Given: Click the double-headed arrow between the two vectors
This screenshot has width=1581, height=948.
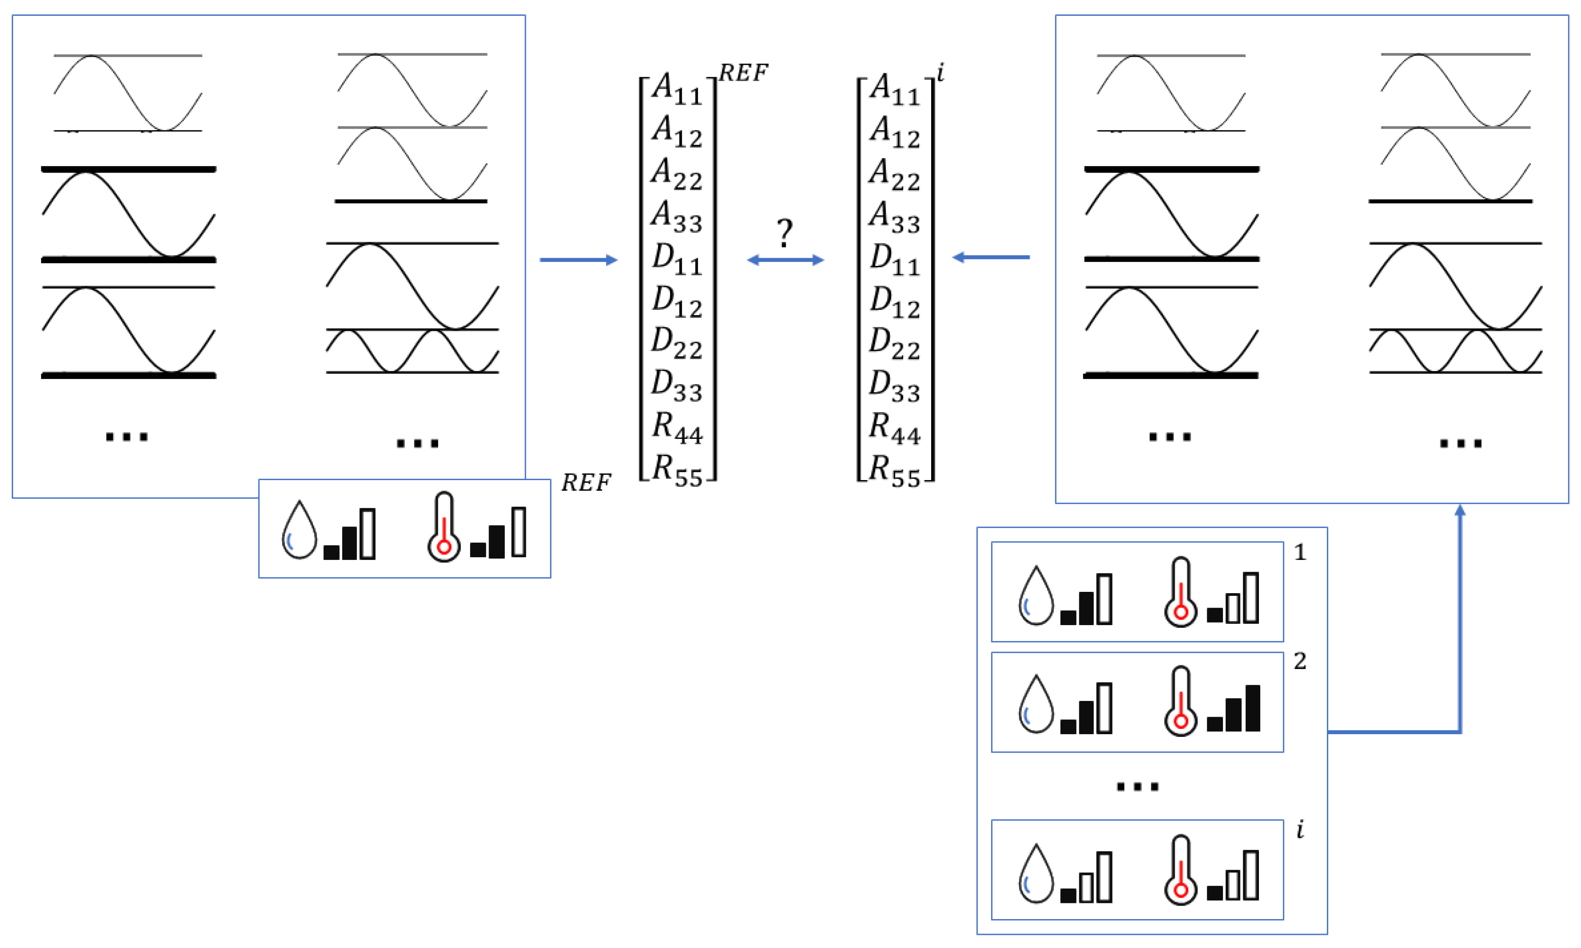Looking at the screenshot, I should point(785,259).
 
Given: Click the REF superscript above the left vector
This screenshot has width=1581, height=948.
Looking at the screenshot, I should point(743,73).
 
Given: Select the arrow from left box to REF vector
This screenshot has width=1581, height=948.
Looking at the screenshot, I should point(578,259).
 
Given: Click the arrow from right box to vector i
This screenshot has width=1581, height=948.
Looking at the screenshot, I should point(990,257).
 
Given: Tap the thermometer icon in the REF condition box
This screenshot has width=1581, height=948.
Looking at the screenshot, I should point(444,527).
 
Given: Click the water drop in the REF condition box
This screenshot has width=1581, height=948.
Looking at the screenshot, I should point(299,530).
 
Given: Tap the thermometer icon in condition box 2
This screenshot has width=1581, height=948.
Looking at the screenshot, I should point(1180,701).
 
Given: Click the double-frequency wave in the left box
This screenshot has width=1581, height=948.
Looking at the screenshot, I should point(412,351).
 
